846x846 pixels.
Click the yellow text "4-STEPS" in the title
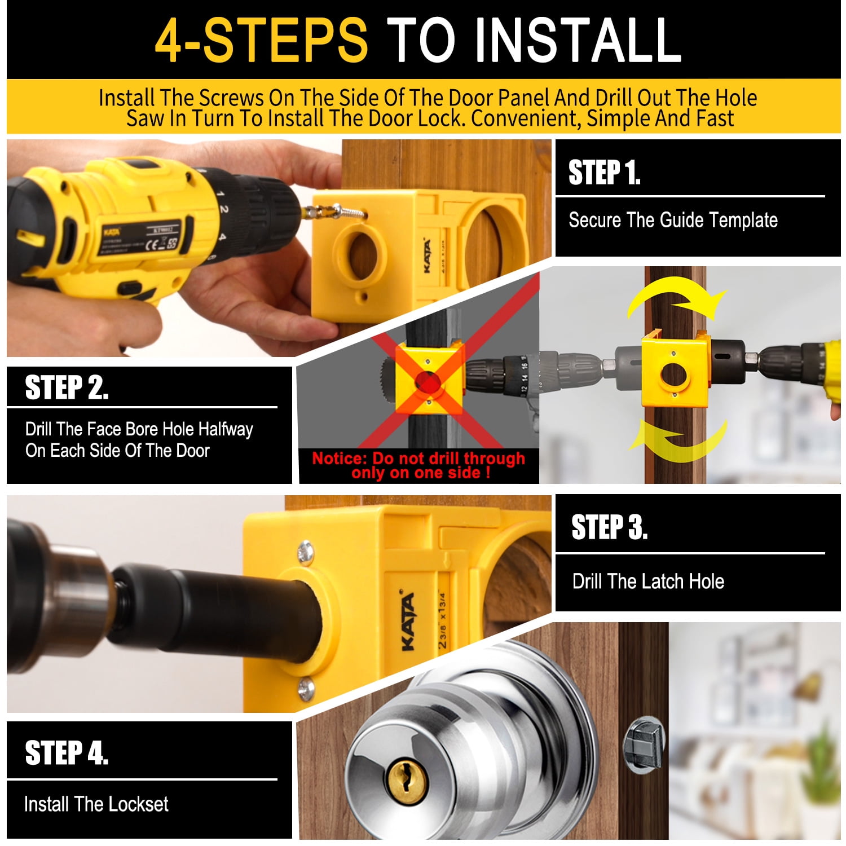click(x=261, y=41)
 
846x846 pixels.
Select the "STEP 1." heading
click(x=604, y=173)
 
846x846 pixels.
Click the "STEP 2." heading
click(x=67, y=388)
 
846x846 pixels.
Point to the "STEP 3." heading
click(x=609, y=528)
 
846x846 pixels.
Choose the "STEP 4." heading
click(x=67, y=754)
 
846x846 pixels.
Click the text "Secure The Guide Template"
click(x=673, y=220)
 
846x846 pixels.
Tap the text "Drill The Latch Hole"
click(x=648, y=581)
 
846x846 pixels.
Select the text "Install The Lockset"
click(x=96, y=804)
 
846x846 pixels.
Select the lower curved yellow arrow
click(x=677, y=440)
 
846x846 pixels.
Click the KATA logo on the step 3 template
click(x=408, y=620)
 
